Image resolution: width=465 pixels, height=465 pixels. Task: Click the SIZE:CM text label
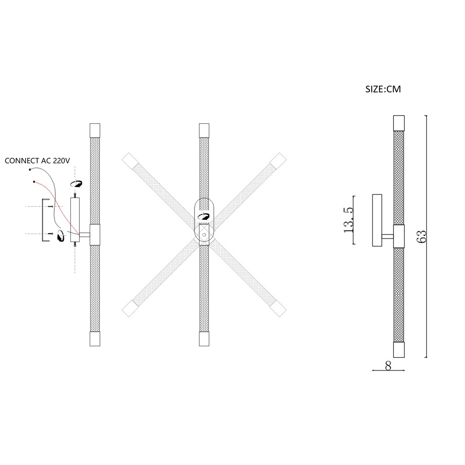coord(383,89)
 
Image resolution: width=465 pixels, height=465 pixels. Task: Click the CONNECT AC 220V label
coord(37,161)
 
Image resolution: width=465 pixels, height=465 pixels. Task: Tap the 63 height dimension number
coord(422,236)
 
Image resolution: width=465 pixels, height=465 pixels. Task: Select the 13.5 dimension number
coord(349,220)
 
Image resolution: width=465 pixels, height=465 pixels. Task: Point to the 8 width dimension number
coord(388,366)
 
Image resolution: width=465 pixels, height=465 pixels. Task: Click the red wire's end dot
coord(34,182)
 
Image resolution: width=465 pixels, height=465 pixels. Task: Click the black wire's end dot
coord(30,169)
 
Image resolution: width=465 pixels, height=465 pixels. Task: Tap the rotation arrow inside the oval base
coord(204,217)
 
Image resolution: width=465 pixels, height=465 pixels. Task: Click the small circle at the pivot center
coord(204,235)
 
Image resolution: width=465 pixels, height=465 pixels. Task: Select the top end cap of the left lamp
coord(95,130)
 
